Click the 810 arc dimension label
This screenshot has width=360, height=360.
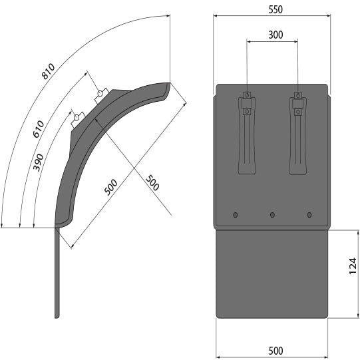49,71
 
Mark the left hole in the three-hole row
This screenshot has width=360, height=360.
235,214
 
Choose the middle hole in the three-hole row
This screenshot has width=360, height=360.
272,214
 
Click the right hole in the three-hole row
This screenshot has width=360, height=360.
309,214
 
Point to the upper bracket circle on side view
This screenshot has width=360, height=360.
100,92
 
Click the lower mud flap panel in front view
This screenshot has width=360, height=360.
271,273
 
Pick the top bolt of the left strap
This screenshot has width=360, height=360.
247,95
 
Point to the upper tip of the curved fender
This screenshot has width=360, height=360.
168,83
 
